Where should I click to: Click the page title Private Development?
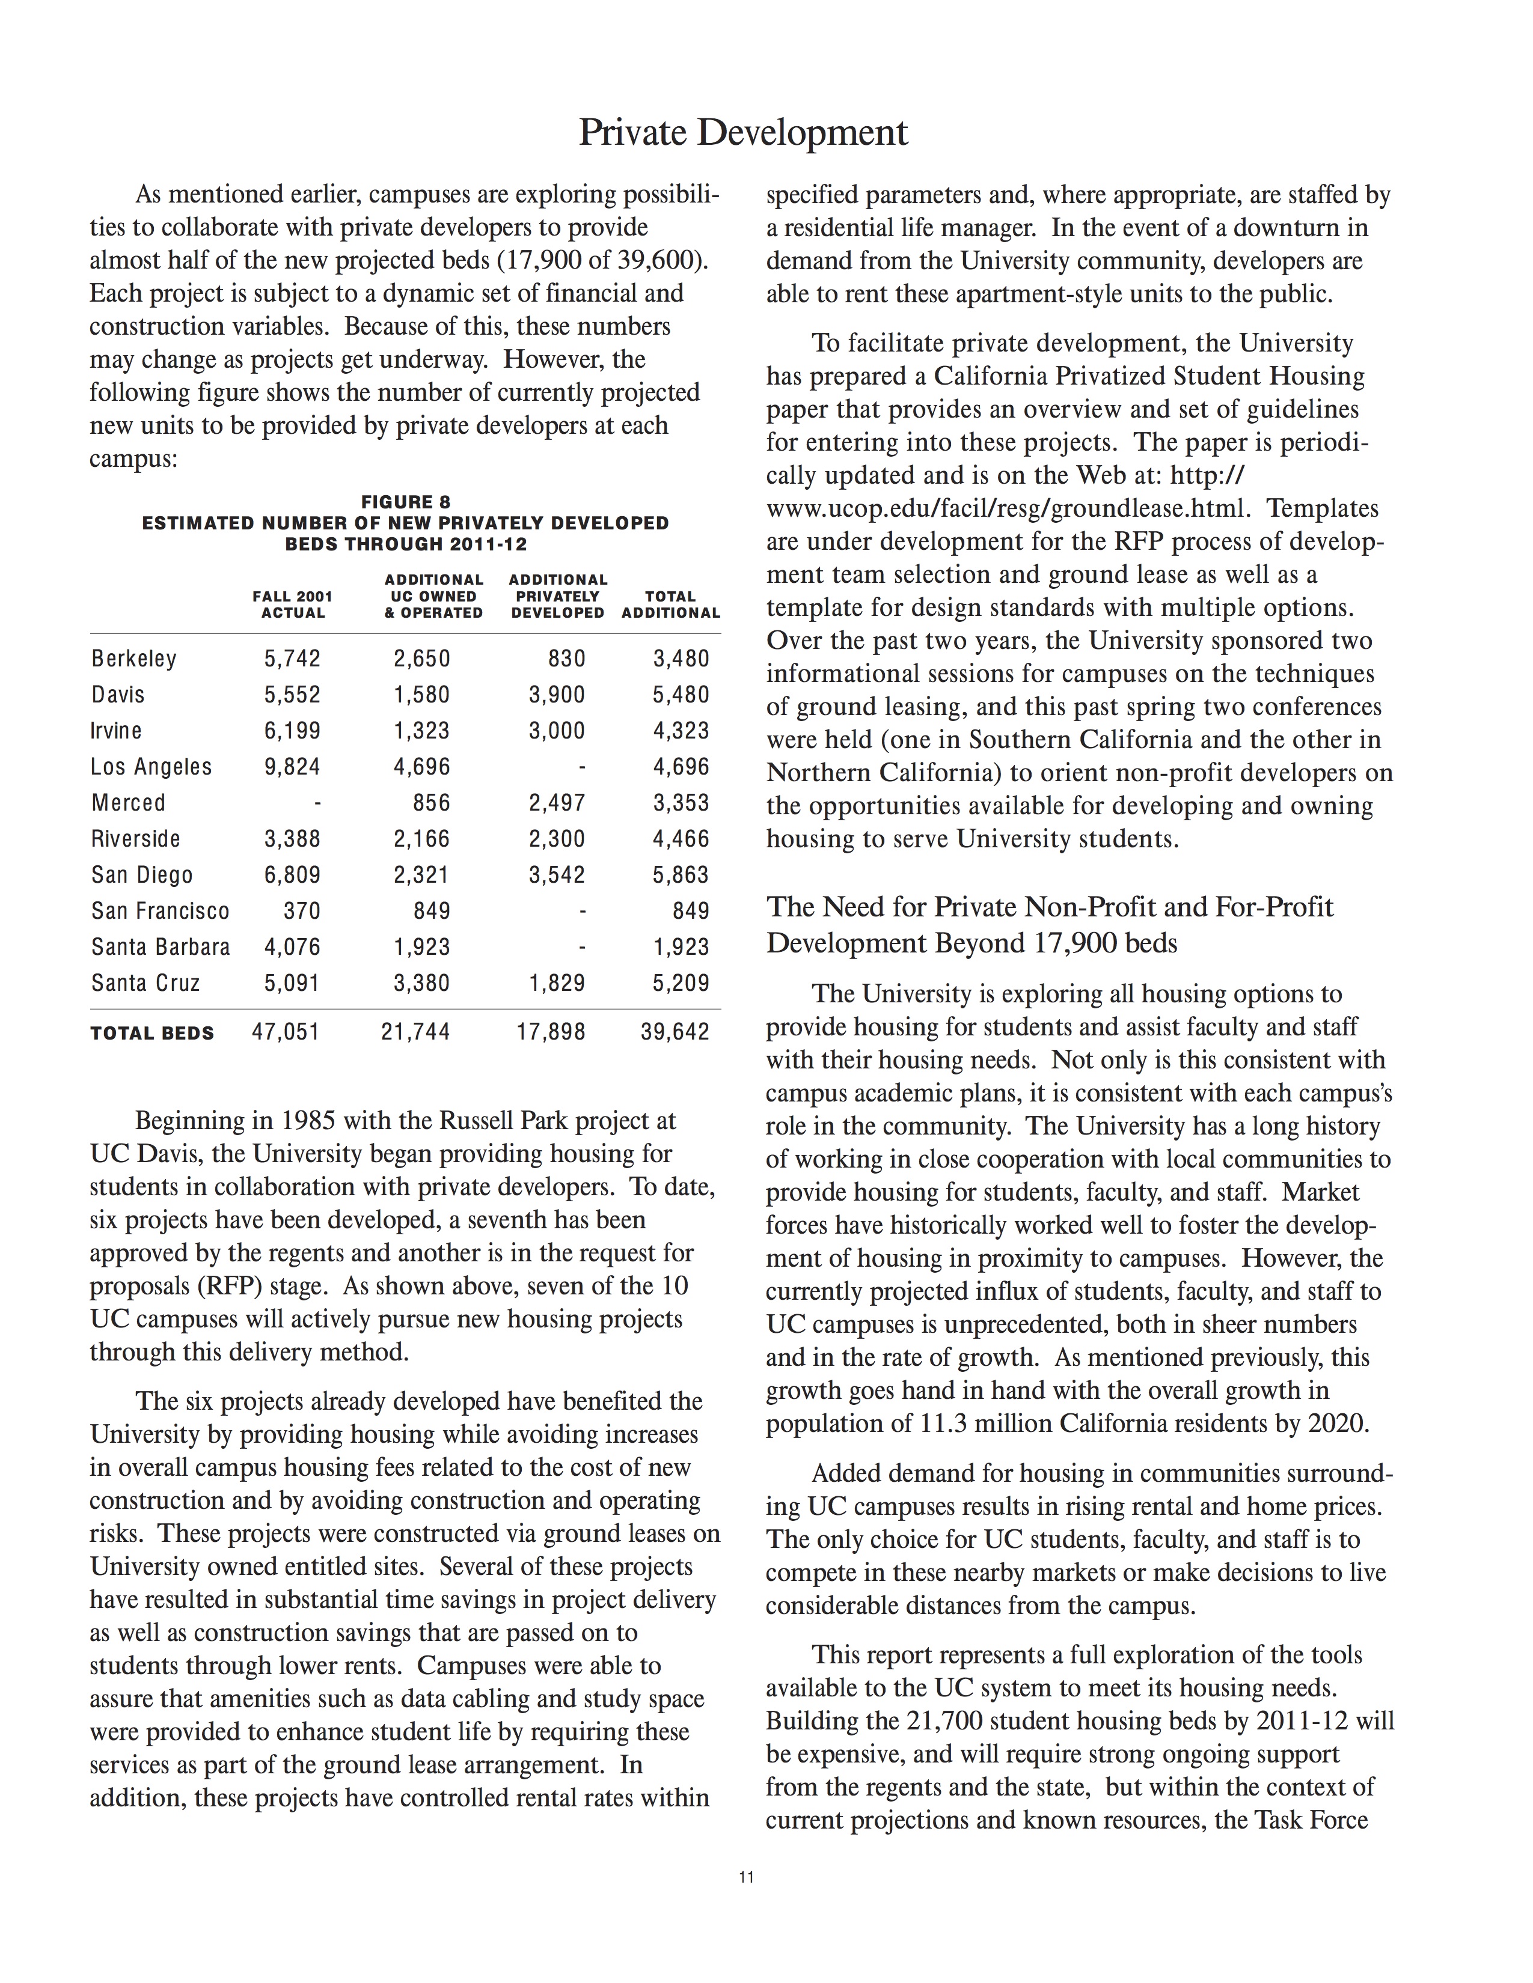(743, 133)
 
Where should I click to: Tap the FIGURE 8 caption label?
(405, 502)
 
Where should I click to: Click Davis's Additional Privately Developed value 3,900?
(557, 695)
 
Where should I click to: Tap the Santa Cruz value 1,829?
(557, 982)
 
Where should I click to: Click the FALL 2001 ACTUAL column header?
(292, 605)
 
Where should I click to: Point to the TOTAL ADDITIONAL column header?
(670, 605)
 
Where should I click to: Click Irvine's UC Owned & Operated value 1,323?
(421, 731)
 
